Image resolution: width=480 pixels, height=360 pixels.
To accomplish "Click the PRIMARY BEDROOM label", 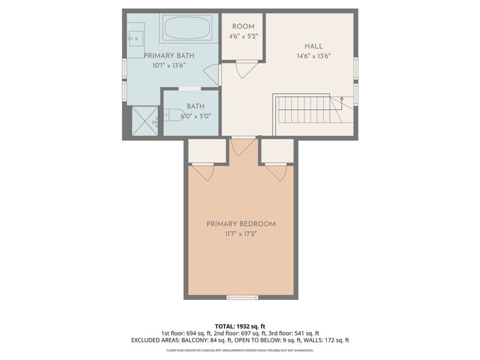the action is click(x=241, y=224).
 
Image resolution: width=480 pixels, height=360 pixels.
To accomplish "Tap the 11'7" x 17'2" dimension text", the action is click(x=241, y=234).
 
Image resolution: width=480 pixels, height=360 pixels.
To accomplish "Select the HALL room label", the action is click(x=314, y=46).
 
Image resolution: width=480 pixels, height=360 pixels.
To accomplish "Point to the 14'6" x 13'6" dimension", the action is click(x=314, y=56).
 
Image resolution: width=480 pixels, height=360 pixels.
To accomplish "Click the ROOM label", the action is click(x=243, y=27).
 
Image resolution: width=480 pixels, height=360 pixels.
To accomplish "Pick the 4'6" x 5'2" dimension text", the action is click(x=243, y=36).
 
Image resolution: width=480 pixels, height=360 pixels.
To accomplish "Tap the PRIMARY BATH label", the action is click(x=169, y=56).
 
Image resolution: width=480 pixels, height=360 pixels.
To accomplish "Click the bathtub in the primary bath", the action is click(x=187, y=27).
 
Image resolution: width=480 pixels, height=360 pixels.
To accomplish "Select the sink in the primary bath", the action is click(x=136, y=39).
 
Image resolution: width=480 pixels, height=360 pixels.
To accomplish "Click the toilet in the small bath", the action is click(x=173, y=115).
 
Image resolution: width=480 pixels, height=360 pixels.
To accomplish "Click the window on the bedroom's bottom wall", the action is click(x=242, y=297).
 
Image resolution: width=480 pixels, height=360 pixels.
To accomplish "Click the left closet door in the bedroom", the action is click(x=202, y=172).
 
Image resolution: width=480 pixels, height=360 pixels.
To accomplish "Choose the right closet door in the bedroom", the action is click(x=276, y=172).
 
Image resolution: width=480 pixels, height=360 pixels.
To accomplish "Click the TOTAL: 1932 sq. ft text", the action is click(x=240, y=326).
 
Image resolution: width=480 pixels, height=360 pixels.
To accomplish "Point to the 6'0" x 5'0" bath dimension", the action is click(x=196, y=117).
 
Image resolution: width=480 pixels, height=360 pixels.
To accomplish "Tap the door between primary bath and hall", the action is click(x=212, y=75).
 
